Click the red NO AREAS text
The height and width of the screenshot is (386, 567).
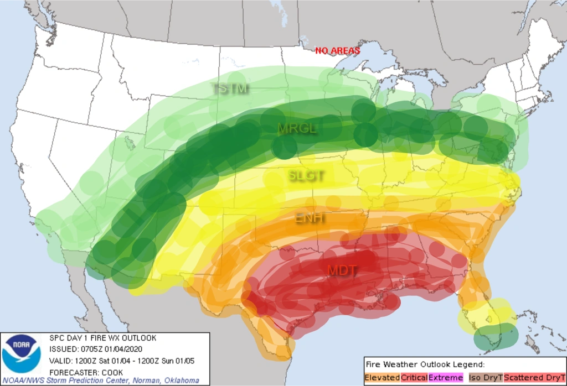click(x=338, y=51)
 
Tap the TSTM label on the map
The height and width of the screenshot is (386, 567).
click(x=230, y=88)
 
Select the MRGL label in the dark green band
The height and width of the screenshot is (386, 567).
click(x=297, y=129)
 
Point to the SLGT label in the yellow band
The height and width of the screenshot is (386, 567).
click(x=306, y=176)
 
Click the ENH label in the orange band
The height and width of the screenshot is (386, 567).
click(x=310, y=218)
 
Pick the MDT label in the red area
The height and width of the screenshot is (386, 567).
click(x=342, y=270)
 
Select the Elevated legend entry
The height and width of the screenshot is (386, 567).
click(x=383, y=377)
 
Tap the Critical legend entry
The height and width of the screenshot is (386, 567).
click(x=414, y=377)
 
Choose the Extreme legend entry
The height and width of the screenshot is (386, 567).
click(x=446, y=377)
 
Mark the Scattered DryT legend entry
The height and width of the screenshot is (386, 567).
click(x=534, y=377)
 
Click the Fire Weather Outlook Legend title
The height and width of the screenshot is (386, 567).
click(x=425, y=364)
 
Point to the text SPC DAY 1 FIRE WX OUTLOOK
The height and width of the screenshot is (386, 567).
click(x=103, y=338)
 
